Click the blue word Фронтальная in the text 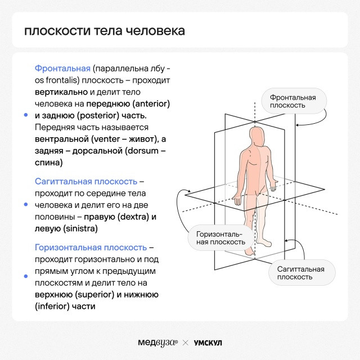(x=62, y=69)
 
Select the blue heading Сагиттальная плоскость (x=86, y=181)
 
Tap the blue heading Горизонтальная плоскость (x=91, y=247)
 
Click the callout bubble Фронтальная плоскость (x=294, y=101)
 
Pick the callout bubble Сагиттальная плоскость (x=302, y=273)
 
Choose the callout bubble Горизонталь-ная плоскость (x=221, y=238)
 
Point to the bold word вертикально (x=61, y=92)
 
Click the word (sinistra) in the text (x=80, y=229)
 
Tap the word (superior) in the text (x=95, y=295)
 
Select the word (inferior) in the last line (x=52, y=306)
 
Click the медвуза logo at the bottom (x=157, y=343)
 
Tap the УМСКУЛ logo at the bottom (x=208, y=343)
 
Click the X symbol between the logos (x=186, y=343)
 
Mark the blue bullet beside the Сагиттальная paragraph (x=26, y=204)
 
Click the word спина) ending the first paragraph (x=49, y=163)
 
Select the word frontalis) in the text (x=62, y=80)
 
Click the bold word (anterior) (x=151, y=103)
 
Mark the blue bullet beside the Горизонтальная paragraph (x=26, y=276)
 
